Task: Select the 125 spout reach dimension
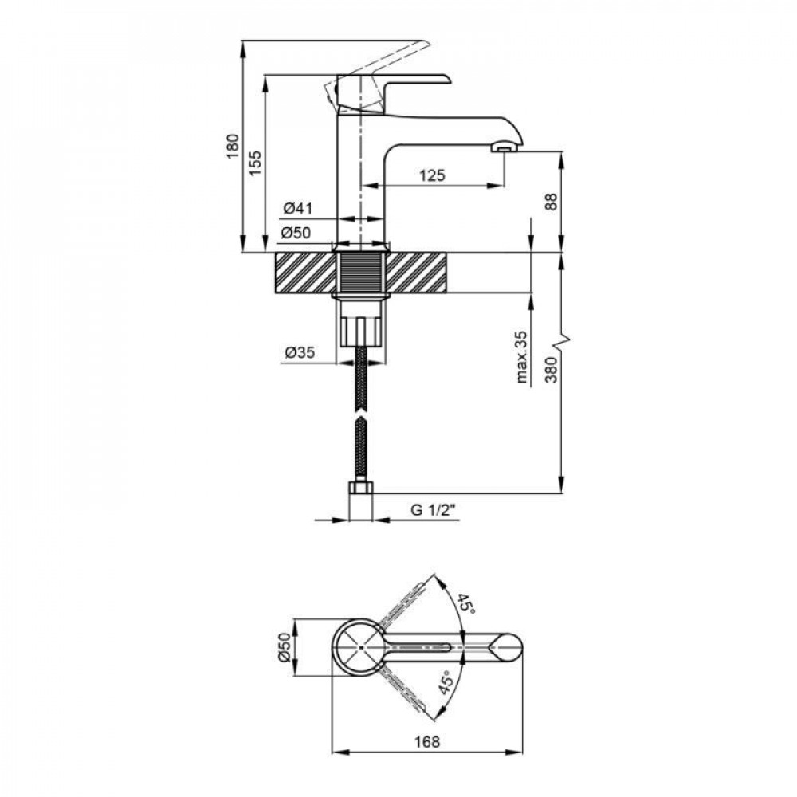click(x=431, y=175)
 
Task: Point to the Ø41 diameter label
click(x=296, y=210)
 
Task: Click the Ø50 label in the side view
click(x=296, y=234)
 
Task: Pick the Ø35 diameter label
click(x=298, y=351)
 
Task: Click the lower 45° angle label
click(x=446, y=683)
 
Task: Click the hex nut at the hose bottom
click(x=362, y=489)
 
